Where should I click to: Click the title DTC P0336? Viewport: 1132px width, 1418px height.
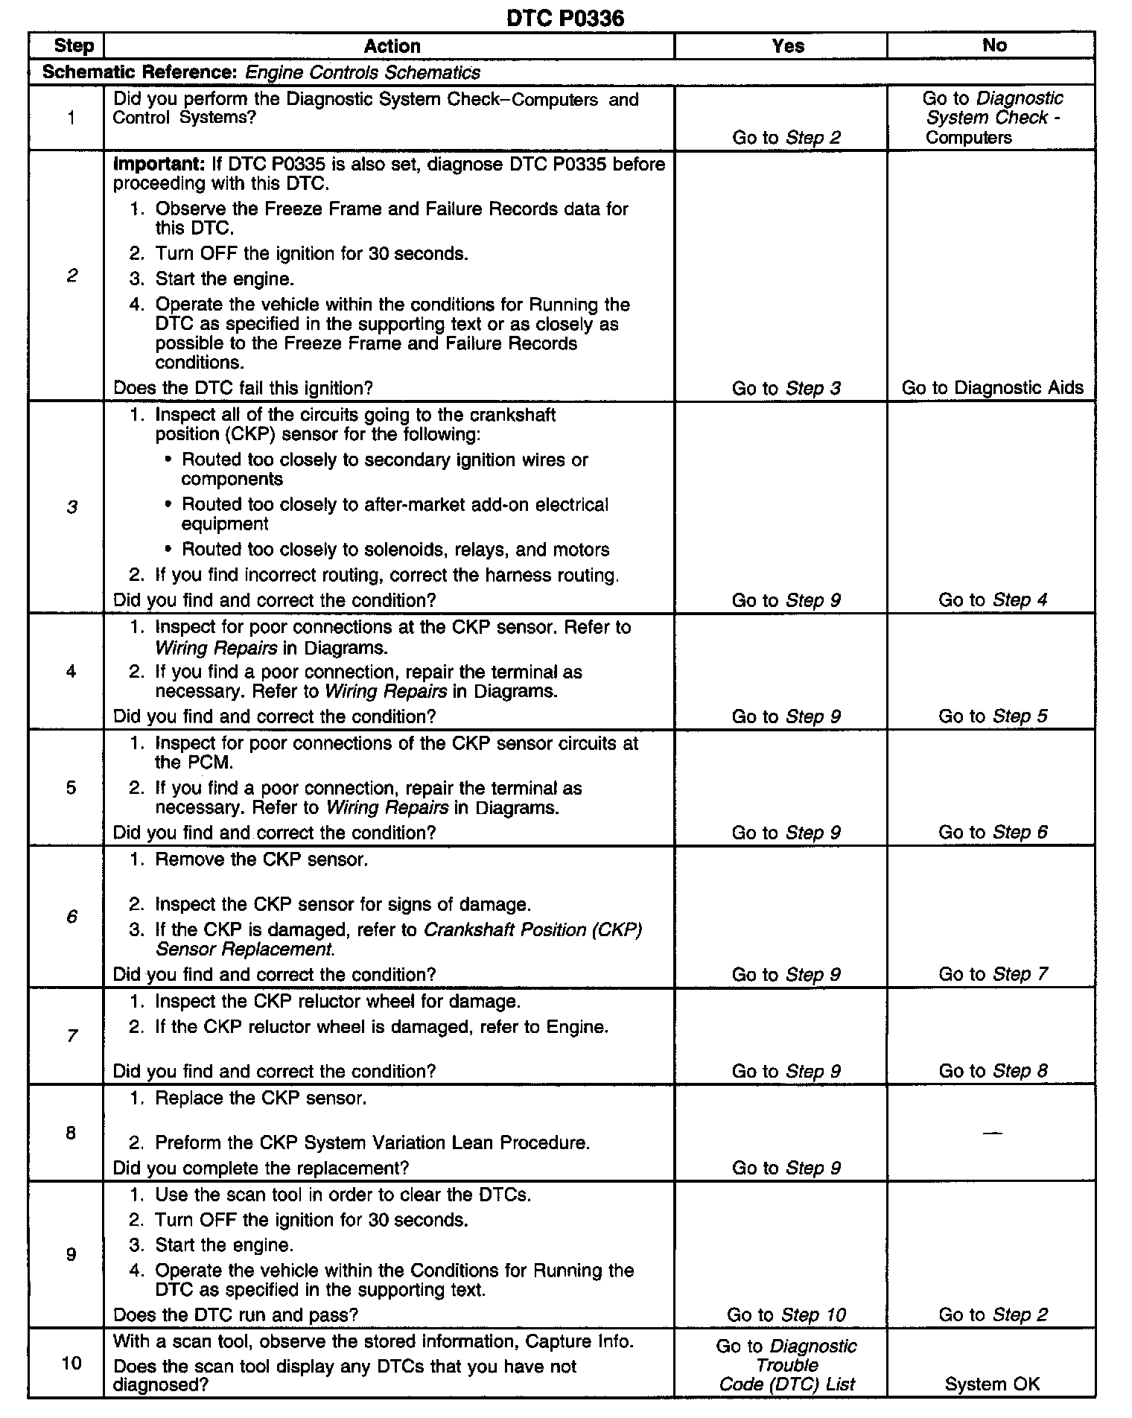point(565,17)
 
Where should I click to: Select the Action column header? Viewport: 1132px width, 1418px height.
point(392,46)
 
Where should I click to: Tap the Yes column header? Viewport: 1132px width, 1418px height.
point(787,46)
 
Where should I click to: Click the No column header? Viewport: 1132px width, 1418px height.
point(993,45)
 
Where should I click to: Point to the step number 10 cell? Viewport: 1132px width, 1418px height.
point(71,1363)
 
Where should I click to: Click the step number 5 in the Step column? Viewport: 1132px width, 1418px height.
point(71,787)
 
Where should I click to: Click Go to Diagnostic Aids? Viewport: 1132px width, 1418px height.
point(992,387)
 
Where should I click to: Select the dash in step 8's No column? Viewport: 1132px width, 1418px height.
point(992,1133)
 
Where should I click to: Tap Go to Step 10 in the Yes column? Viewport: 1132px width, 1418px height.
point(786,1314)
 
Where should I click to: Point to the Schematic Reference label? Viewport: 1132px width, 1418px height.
point(139,72)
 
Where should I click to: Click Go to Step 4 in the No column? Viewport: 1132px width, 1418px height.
point(992,600)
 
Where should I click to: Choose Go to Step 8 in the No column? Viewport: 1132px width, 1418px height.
point(992,1071)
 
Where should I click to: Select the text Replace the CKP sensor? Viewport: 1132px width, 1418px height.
point(261,1099)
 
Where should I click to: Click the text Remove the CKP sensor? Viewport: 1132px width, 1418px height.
point(261,859)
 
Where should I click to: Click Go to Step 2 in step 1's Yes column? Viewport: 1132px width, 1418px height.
point(786,137)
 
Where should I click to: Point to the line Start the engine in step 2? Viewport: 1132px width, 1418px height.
point(224,279)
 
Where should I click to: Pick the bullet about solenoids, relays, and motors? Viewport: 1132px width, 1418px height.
point(395,550)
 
